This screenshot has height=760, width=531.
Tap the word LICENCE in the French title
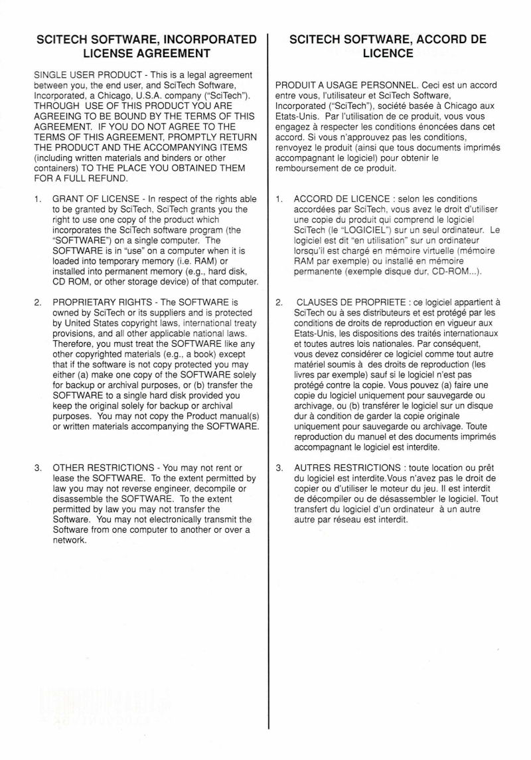[388, 53]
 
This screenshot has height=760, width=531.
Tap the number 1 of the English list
[38, 199]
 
